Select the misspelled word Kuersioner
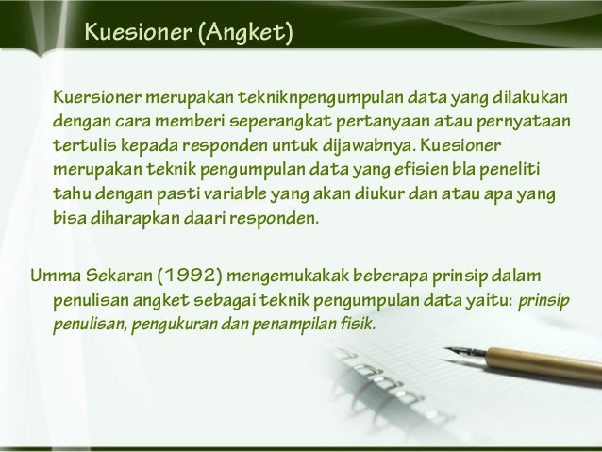[98, 98]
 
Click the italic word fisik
[354, 326]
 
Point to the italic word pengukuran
[180, 326]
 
